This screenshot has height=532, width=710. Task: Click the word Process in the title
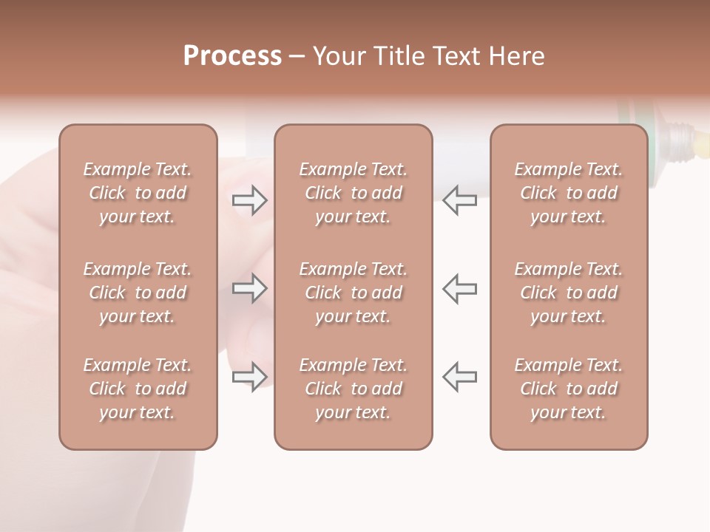pos(232,56)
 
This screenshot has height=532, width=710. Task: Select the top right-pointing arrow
pos(249,200)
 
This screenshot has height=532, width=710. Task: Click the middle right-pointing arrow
pos(249,288)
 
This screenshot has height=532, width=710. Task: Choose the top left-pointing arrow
pos(459,200)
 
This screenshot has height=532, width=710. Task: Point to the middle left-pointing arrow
pos(459,288)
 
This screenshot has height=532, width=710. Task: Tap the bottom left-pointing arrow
pos(459,377)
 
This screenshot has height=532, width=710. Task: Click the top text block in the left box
pos(138,193)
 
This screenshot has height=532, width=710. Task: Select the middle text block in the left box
pos(138,293)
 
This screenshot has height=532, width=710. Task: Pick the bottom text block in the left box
pos(138,389)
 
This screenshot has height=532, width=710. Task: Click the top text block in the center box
pos(353,193)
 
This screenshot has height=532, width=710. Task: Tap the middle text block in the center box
pos(353,293)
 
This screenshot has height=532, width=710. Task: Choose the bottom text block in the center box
pos(353,389)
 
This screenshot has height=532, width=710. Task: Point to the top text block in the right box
pos(569,193)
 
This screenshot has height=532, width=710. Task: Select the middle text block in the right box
pos(569,293)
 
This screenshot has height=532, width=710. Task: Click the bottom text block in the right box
pos(569,389)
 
